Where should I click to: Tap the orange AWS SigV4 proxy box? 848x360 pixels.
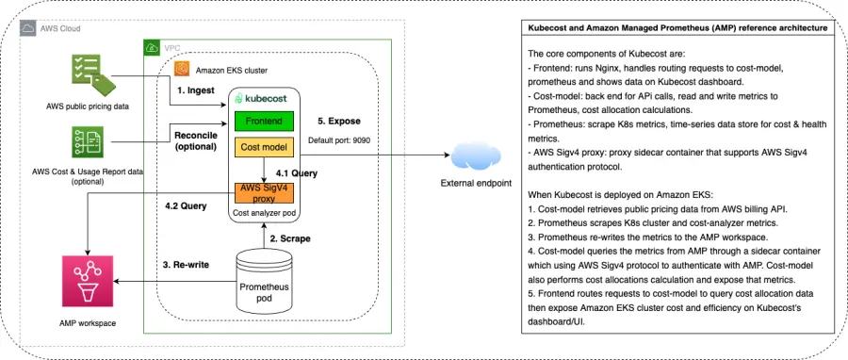[x=264, y=194]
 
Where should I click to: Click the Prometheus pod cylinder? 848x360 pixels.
[x=262, y=287]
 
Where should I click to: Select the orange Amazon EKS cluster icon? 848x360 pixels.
[x=181, y=69]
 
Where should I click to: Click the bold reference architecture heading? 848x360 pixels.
[x=678, y=29]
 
